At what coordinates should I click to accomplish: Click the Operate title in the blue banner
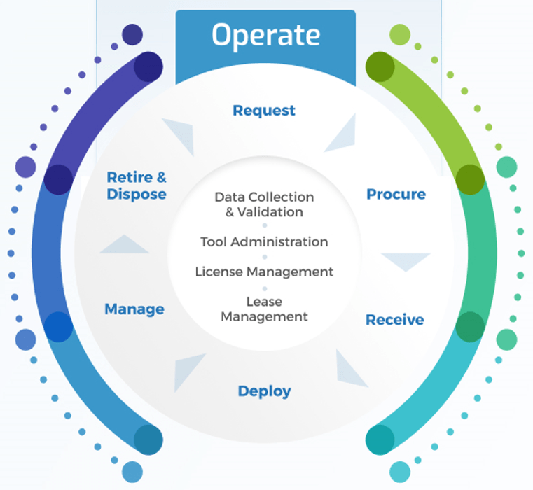point(265,36)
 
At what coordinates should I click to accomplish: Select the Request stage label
point(264,111)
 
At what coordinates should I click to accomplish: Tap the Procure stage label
point(396,194)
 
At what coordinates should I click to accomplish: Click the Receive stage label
point(394,320)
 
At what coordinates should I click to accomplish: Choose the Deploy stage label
point(264,391)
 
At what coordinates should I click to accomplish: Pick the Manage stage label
point(134,309)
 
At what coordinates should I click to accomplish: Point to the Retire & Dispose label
point(137,185)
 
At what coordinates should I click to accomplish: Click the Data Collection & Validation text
point(264,204)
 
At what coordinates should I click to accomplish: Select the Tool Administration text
point(264,242)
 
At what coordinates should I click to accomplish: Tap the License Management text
point(264,272)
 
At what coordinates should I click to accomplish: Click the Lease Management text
point(264,309)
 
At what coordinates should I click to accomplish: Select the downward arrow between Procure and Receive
point(406,260)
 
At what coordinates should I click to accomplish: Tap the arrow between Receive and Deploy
point(349,368)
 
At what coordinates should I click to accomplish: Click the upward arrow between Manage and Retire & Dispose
point(124,245)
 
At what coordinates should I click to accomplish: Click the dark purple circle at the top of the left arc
point(148,67)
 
